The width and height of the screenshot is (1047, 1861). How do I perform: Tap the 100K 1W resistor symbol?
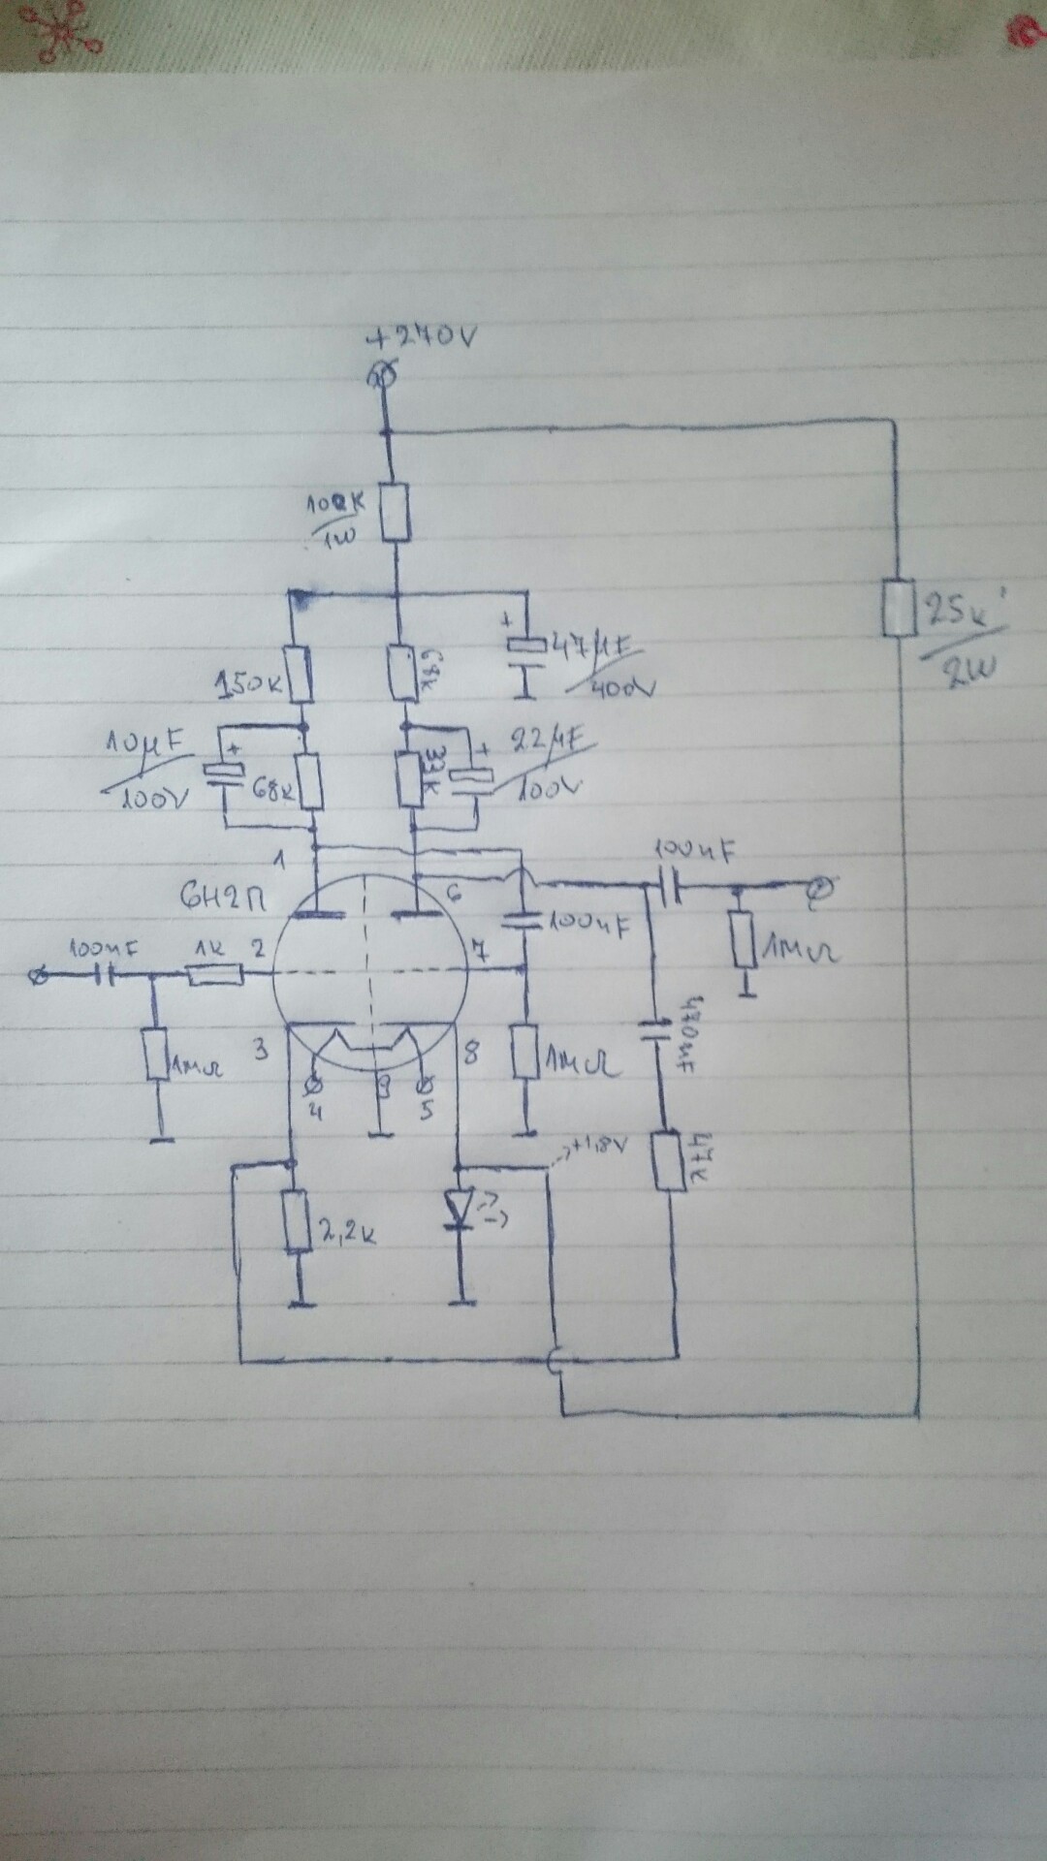pyautogui.click(x=394, y=513)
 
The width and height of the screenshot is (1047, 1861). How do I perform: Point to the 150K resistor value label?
pyautogui.click(x=247, y=686)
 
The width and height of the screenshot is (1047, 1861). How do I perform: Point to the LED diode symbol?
pyautogui.click(x=459, y=1210)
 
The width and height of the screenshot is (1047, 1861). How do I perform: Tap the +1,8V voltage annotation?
pyautogui.click(x=596, y=1147)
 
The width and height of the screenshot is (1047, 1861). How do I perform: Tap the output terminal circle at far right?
pyautogui.click(x=820, y=886)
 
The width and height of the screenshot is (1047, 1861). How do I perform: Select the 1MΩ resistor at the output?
pyautogui.click(x=745, y=938)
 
